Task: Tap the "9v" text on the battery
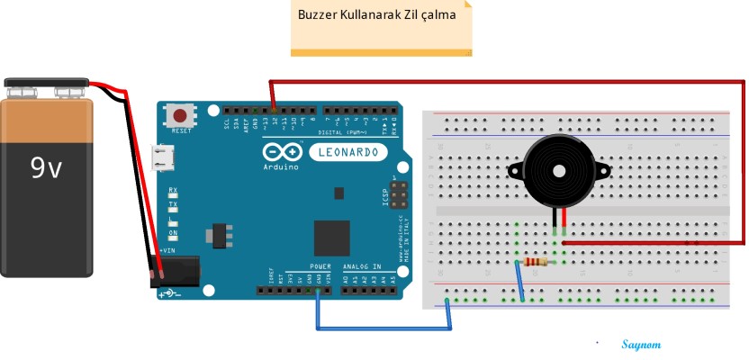tap(46, 166)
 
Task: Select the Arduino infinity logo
tap(280, 152)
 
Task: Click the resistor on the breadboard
tap(535, 262)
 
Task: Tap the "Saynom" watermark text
tap(641, 345)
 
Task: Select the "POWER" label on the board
tap(320, 266)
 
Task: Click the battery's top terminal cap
tap(46, 86)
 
